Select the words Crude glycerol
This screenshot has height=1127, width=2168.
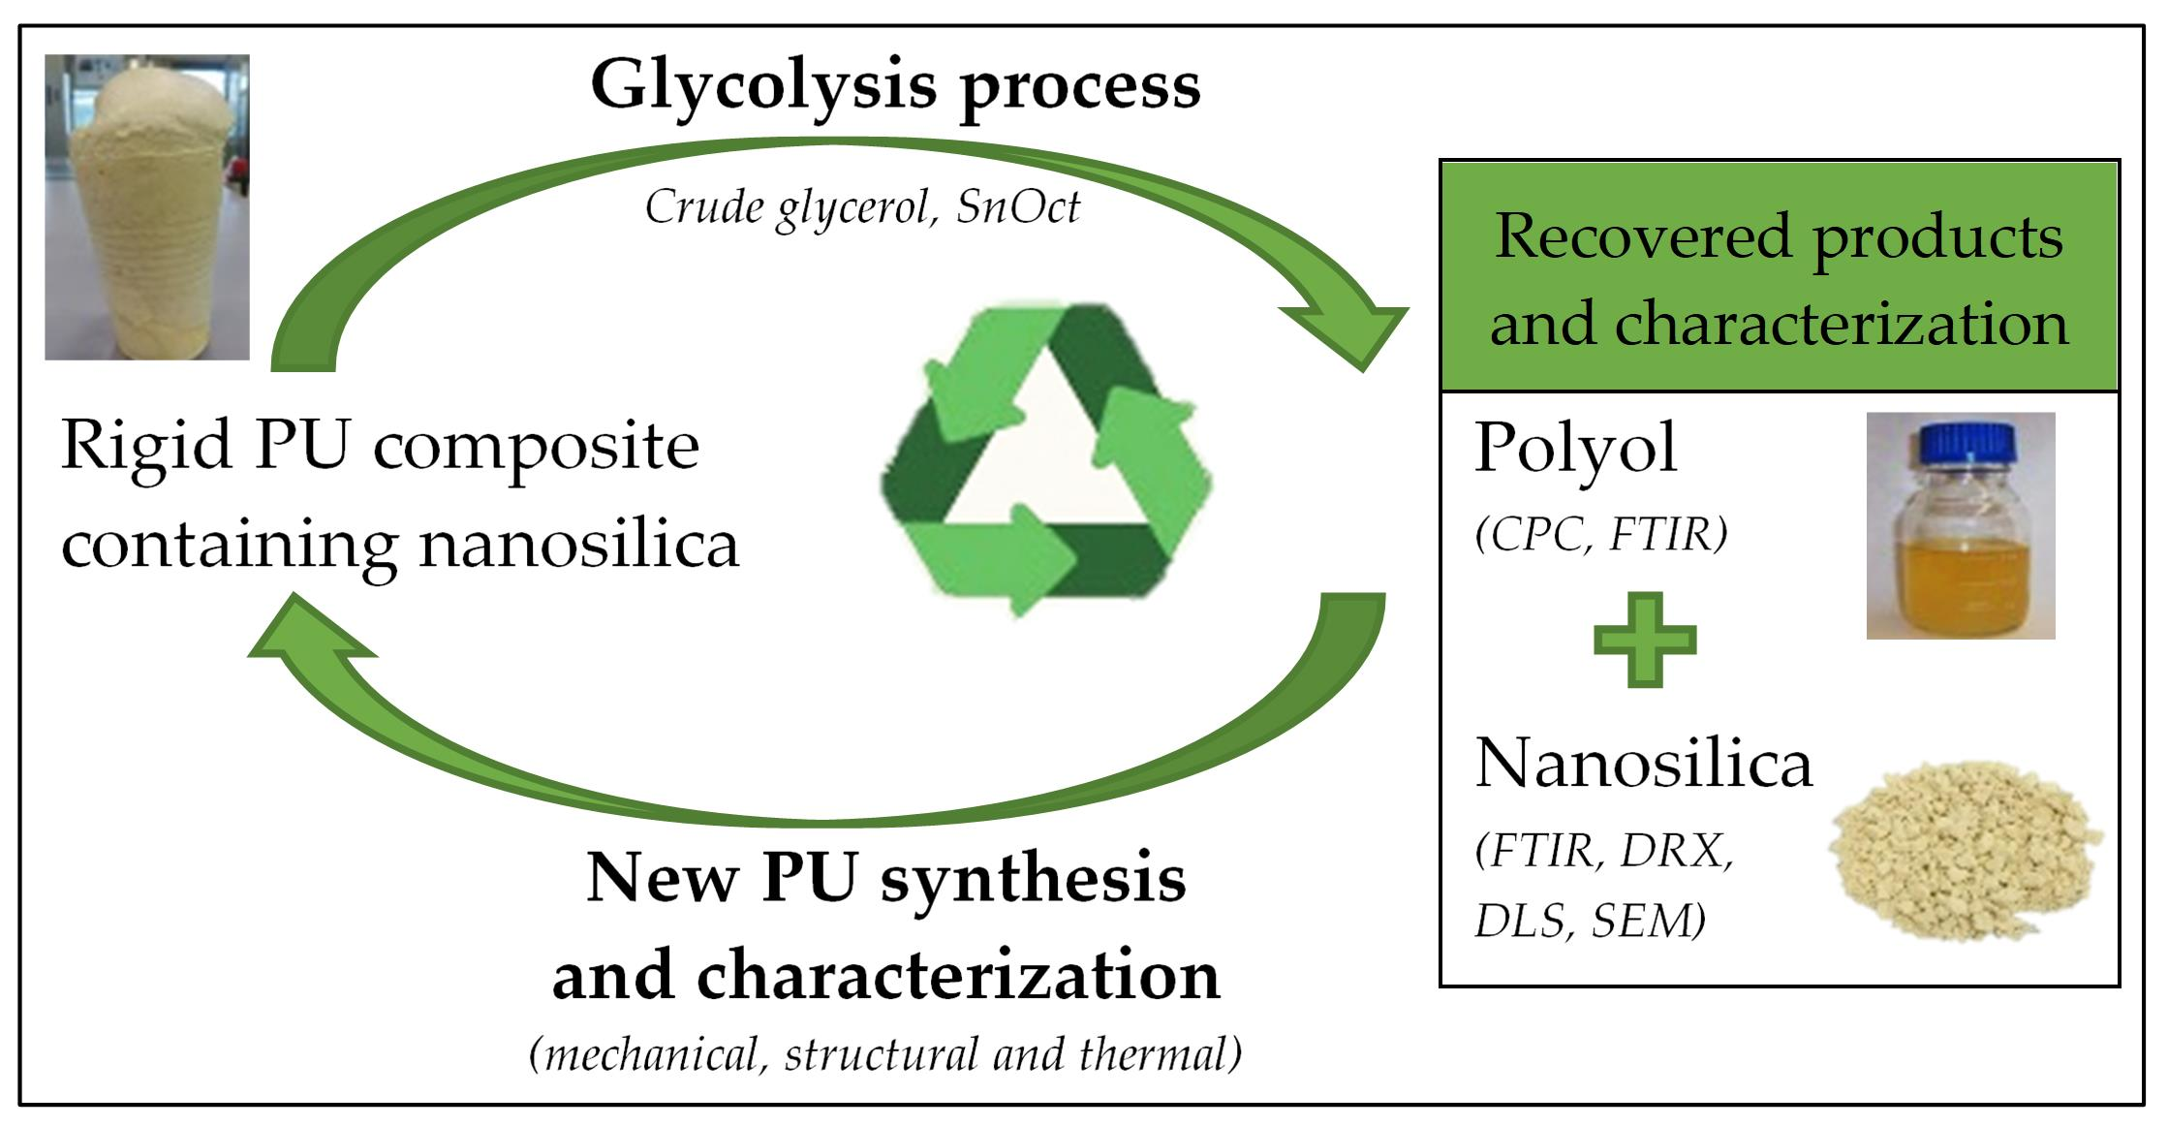point(788,207)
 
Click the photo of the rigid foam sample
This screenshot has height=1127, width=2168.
point(147,207)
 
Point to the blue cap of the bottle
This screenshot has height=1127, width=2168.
point(1960,445)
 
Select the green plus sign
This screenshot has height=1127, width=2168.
point(1645,640)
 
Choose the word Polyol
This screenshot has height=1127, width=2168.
point(1575,449)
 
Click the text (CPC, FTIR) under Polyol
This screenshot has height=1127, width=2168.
point(1600,535)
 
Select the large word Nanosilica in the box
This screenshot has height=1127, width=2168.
point(1643,764)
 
